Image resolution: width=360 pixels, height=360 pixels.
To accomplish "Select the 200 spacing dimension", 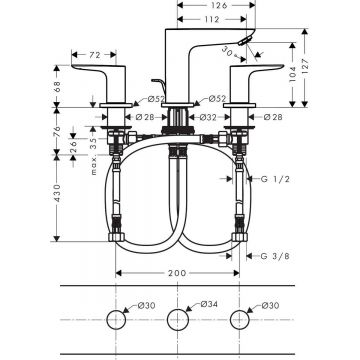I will [176, 271].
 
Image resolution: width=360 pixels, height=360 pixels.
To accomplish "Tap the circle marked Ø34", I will [178, 320].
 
